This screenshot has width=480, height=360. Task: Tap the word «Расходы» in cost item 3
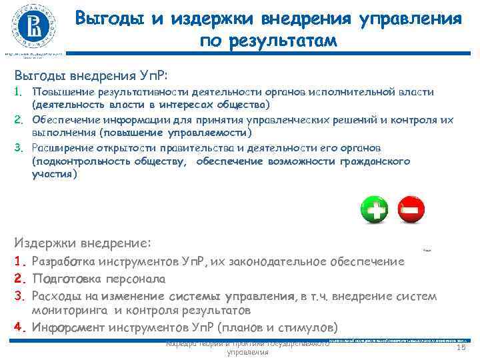tap(61, 295)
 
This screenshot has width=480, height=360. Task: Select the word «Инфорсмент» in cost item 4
tap(71, 327)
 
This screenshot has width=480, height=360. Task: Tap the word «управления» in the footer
tap(247, 352)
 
